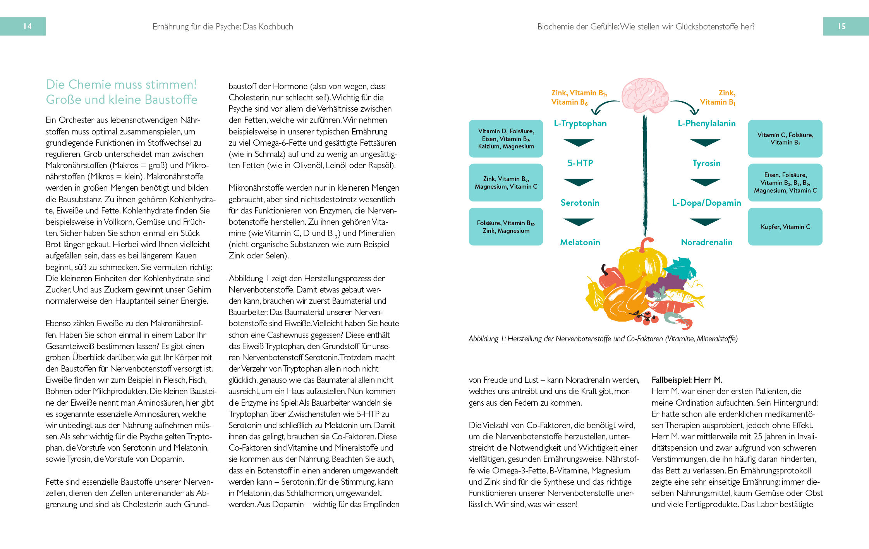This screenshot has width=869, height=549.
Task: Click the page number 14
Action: [x=27, y=26]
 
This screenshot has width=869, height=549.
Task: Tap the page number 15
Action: [x=842, y=26]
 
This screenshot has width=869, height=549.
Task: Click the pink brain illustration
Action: [x=645, y=95]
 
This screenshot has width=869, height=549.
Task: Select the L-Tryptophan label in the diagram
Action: [x=580, y=124]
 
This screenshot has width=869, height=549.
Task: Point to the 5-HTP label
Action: [x=580, y=163]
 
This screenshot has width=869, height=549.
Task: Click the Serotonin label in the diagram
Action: [x=580, y=203]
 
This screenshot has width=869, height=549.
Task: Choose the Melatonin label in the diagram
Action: [x=580, y=243]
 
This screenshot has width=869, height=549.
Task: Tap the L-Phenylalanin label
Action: [x=706, y=124]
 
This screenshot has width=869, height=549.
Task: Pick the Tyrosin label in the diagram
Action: [x=706, y=163]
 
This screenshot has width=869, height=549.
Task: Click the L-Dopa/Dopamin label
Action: [x=706, y=203]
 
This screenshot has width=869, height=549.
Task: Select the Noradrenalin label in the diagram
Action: [x=706, y=243]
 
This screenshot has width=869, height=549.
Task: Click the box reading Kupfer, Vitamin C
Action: [x=785, y=227]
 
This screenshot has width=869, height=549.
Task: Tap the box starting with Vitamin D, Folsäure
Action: [x=506, y=139]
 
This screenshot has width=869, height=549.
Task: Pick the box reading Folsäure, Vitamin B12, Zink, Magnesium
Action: [x=506, y=227]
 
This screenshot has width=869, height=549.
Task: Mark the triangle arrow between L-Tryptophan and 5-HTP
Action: [x=579, y=143]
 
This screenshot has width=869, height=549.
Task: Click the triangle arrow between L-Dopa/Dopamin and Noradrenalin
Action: [x=705, y=222]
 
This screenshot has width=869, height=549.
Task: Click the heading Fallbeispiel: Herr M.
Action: [x=687, y=380]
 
